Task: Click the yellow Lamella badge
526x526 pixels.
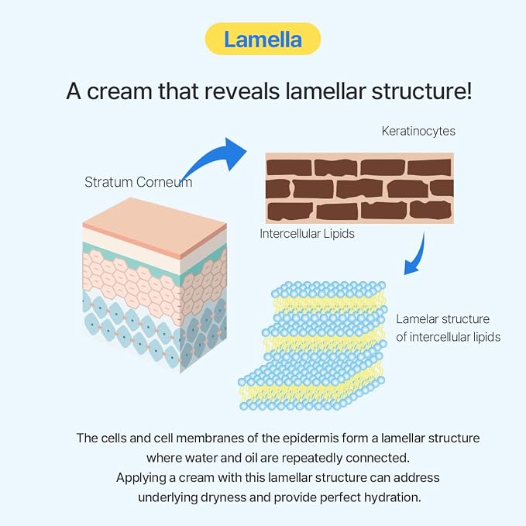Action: (x=263, y=39)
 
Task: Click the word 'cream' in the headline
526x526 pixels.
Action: (x=120, y=91)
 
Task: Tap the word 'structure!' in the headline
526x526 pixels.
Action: (x=421, y=91)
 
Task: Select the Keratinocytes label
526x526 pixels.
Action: (x=418, y=131)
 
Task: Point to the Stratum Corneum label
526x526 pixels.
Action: (x=138, y=182)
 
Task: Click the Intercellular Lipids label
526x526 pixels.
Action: (x=307, y=234)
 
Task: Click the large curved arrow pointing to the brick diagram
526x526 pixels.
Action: (x=215, y=158)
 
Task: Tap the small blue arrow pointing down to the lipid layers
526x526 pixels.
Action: (x=417, y=255)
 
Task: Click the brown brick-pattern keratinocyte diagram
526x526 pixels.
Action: (x=359, y=188)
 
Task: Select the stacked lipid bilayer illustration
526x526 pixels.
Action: (x=313, y=346)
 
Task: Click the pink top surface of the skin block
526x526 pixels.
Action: (x=155, y=225)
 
